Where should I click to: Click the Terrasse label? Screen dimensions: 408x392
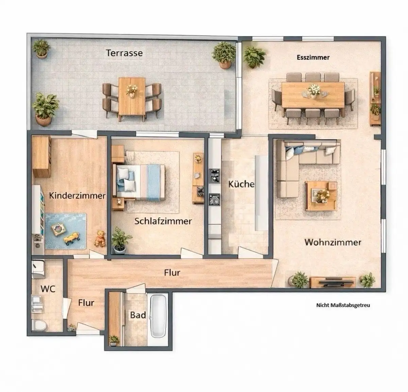click(x=124, y=53)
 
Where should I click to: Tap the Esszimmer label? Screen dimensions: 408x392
click(x=313, y=57)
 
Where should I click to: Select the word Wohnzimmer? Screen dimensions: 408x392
click(x=333, y=242)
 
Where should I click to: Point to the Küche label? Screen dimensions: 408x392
click(x=241, y=184)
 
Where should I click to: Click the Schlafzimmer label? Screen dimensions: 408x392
click(x=163, y=221)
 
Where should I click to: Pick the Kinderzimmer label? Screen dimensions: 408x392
click(x=77, y=195)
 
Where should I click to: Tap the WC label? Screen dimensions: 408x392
click(x=48, y=289)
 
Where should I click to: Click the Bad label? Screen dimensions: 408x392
click(x=138, y=315)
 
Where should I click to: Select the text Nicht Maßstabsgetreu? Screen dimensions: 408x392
click(x=343, y=305)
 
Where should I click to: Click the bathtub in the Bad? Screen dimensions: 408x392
click(x=158, y=316)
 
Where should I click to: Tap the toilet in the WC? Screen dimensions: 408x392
click(x=39, y=325)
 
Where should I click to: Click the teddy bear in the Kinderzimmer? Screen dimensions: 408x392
click(x=100, y=238)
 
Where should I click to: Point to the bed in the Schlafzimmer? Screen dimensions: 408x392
click(x=139, y=183)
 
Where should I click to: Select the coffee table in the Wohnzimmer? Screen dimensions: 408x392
click(x=321, y=196)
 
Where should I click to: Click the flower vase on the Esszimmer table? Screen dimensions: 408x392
click(x=314, y=91)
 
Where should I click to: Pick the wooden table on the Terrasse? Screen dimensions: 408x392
click(x=132, y=97)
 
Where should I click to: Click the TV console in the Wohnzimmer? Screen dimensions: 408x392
click(x=333, y=282)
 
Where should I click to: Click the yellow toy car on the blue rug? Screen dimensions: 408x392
click(x=72, y=238)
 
